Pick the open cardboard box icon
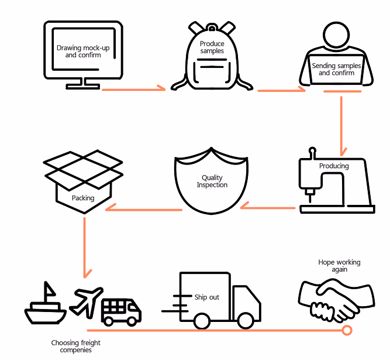click(84, 181)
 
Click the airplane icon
click(86, 300)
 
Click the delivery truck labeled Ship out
click(216, 300)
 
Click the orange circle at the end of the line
click(347, 331)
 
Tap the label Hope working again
click(339, 266)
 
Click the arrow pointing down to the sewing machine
click(341, 123)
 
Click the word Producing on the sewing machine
click(334, 166)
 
